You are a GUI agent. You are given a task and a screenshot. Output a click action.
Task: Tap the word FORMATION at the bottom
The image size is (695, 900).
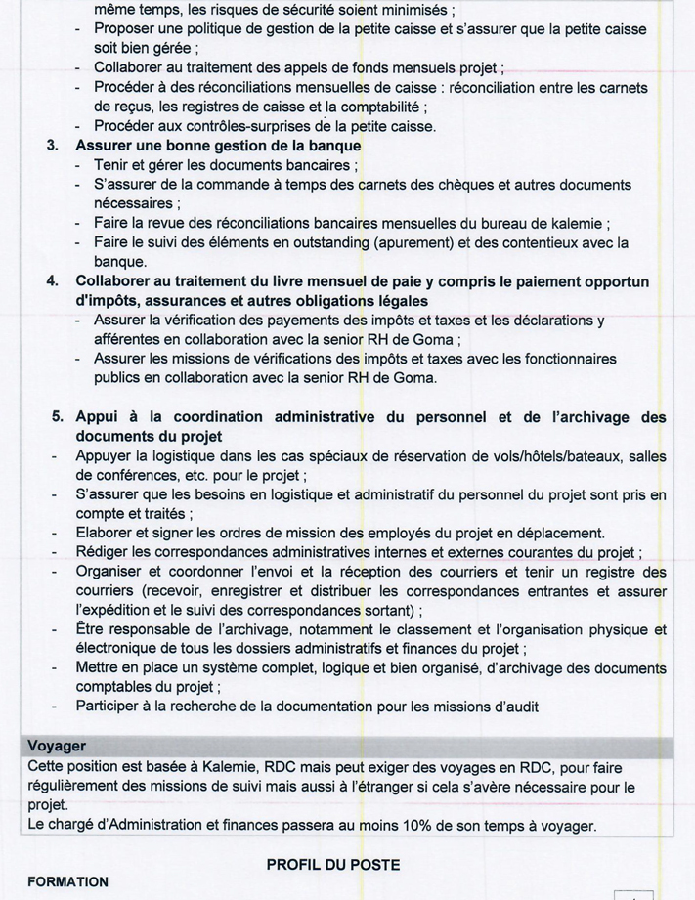(67, 881)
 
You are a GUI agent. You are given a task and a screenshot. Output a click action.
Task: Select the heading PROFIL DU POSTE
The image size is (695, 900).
(332, 865)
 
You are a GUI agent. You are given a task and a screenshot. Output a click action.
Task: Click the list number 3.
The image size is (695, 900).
(53, 146)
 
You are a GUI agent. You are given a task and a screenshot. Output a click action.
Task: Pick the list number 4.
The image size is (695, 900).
(53, 281)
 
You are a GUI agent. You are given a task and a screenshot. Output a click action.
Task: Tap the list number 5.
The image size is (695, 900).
(58, 417)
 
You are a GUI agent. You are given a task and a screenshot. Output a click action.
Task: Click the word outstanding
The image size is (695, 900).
(322, 242)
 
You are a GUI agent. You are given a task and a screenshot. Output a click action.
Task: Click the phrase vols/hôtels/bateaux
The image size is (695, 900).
(521, 456)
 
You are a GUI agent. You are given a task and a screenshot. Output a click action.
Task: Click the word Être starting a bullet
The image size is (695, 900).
(93, 628)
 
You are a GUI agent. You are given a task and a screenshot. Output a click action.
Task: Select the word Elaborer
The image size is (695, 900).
(107, 533)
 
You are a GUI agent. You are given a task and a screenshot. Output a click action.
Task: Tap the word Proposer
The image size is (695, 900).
(128, 30)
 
